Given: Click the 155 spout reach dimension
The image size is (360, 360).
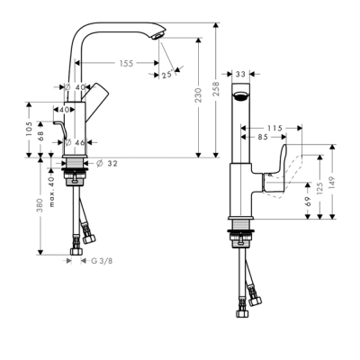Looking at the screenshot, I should pos(125,64).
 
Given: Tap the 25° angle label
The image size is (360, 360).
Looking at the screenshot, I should pos(166,76).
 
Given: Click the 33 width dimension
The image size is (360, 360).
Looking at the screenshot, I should pos(240,76).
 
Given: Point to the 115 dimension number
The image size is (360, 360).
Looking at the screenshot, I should pos(275,128).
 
